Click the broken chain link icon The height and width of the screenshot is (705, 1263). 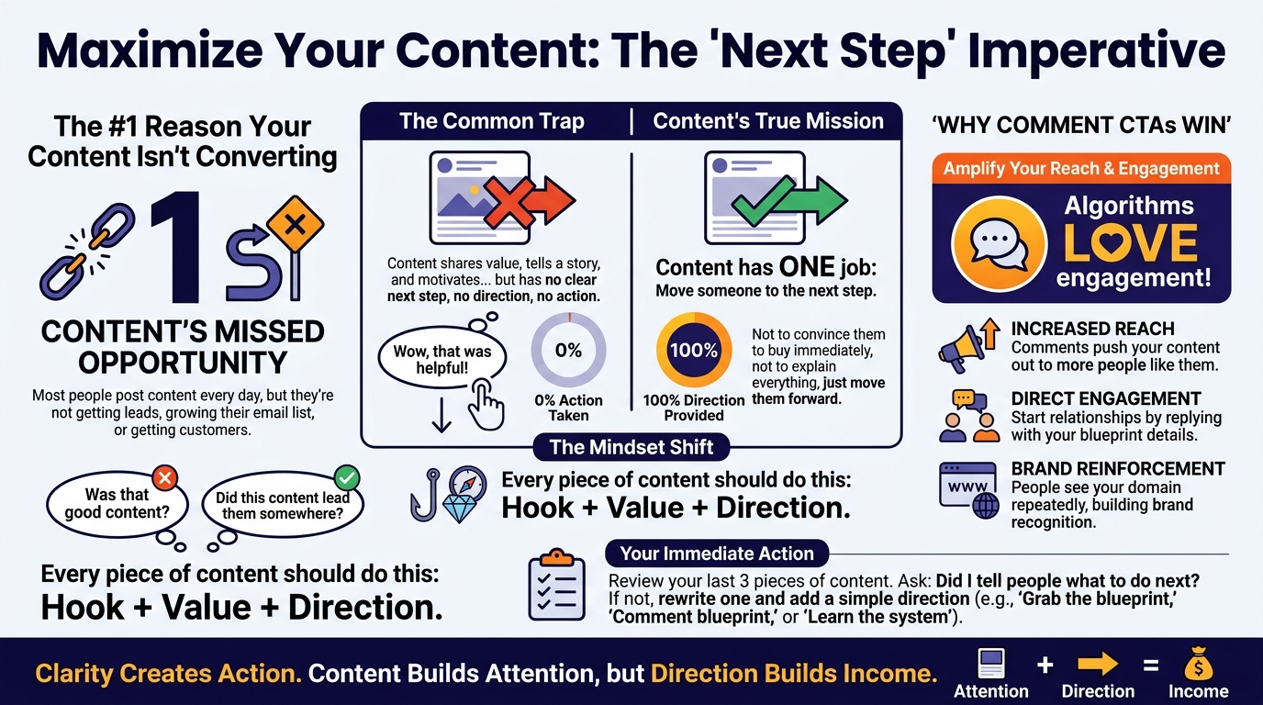(x=88, y=251)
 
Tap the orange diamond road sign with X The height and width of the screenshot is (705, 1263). (x=295, y=225)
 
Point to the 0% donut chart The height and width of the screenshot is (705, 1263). (x=568, y=324)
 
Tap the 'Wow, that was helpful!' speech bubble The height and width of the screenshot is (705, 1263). (x=442, y=359)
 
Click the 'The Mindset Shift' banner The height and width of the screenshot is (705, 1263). (x=631, y=447)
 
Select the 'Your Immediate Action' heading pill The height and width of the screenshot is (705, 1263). (x=717, y=554)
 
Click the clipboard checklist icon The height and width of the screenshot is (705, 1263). (x=556, y=585)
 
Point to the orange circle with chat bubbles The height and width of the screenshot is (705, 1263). (x=999, y=244)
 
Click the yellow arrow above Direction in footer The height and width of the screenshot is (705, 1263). (x=1098, y=665)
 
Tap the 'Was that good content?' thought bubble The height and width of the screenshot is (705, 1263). (x=117, y=504)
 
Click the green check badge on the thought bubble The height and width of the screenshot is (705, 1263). (x=347, y=478)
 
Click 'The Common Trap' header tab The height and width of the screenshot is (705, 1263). (x=492, y=121)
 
